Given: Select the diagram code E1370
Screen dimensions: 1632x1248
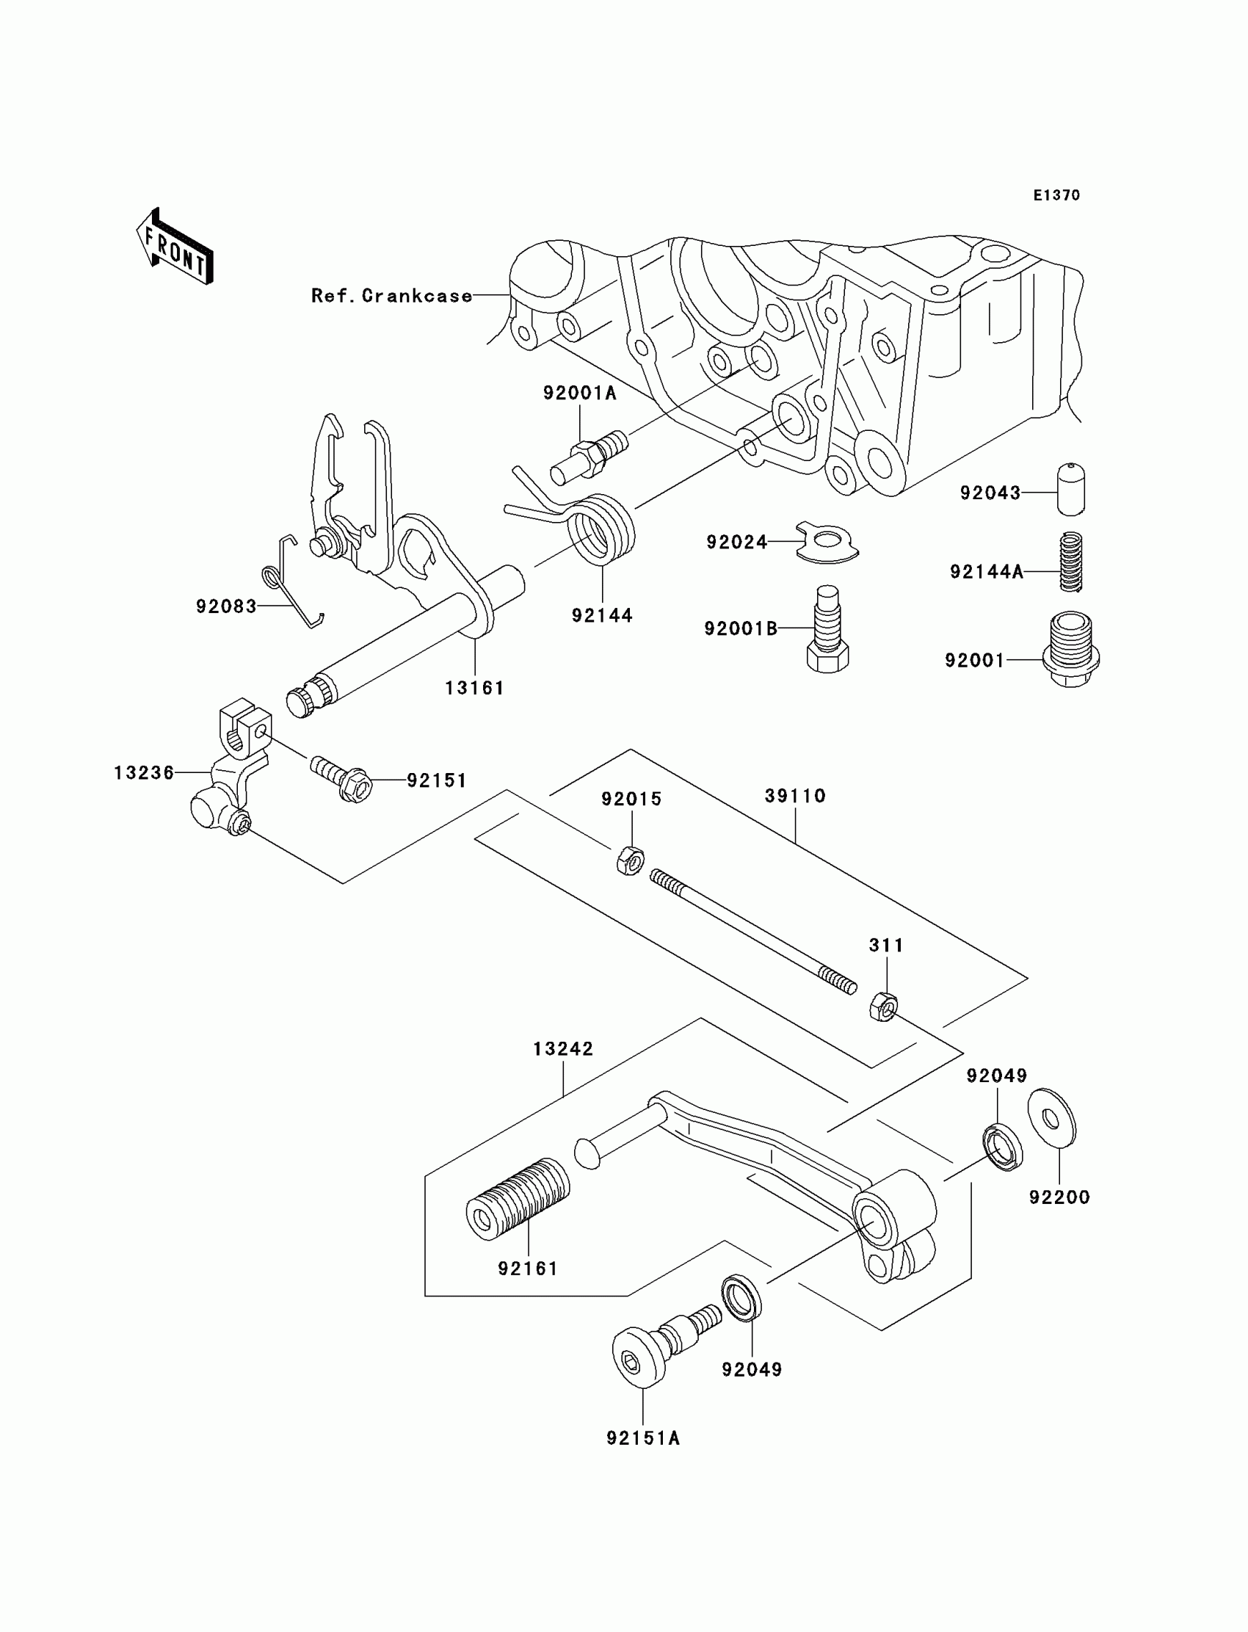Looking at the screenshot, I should point(1056,195).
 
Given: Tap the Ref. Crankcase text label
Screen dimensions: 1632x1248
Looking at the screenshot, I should point(391,296).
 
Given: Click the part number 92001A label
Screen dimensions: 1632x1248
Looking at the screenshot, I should point(579,393).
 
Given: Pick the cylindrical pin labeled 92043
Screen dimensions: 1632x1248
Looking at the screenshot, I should point(1070,489).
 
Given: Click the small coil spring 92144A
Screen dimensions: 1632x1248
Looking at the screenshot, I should point(1070,562).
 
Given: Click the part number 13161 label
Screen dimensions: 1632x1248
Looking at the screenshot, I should point(475,689).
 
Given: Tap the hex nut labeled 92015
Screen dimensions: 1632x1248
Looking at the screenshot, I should point(630,861).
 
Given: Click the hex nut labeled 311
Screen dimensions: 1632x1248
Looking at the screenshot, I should point(882,1006).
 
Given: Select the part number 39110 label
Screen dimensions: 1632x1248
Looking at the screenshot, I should point(795,797).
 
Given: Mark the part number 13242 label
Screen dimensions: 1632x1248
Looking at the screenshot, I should point(563,1049).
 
